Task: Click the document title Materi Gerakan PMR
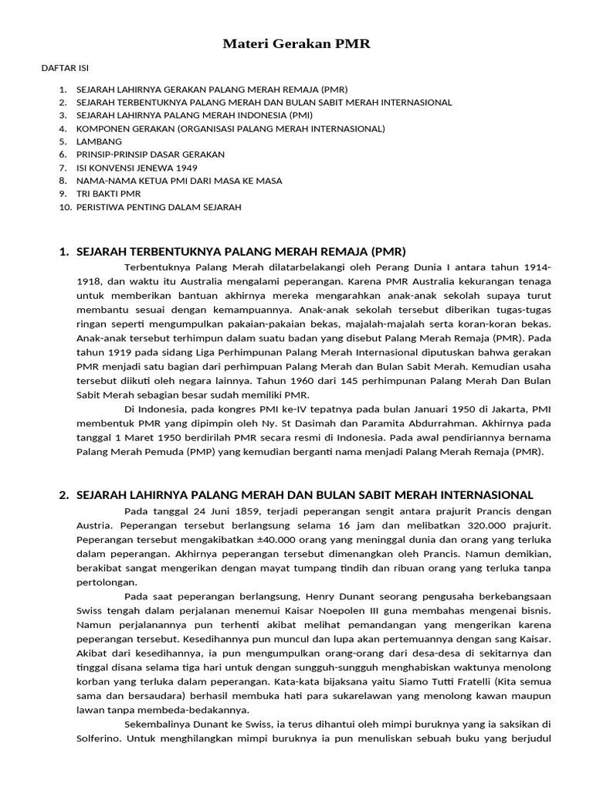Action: coord(296,44)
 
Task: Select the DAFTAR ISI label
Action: coord(64,69)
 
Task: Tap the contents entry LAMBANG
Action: coord(99,141)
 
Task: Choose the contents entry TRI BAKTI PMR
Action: coord(109,194)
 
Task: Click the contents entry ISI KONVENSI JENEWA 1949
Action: coord(137,168)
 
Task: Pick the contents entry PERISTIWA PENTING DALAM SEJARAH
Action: coord(158,207)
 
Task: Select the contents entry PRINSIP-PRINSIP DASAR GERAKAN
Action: coord(151,154)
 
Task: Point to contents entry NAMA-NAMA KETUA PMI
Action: coord(179,181)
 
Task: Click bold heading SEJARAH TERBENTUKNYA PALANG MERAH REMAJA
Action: coord(241,252)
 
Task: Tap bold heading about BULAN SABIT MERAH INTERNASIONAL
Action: coord(305,494)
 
